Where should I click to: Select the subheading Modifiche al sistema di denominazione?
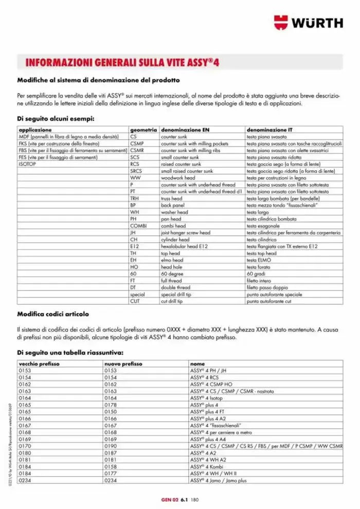click(98, 80)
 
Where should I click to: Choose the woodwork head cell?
click(178, 178)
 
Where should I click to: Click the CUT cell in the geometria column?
click(135, 301)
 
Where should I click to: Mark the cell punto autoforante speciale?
click(274, 294)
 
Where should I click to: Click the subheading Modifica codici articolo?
click(53, 314)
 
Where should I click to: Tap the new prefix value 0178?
click(111, 405)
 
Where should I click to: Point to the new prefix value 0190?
click(111, 446)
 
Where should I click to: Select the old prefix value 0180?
click(25, 452)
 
